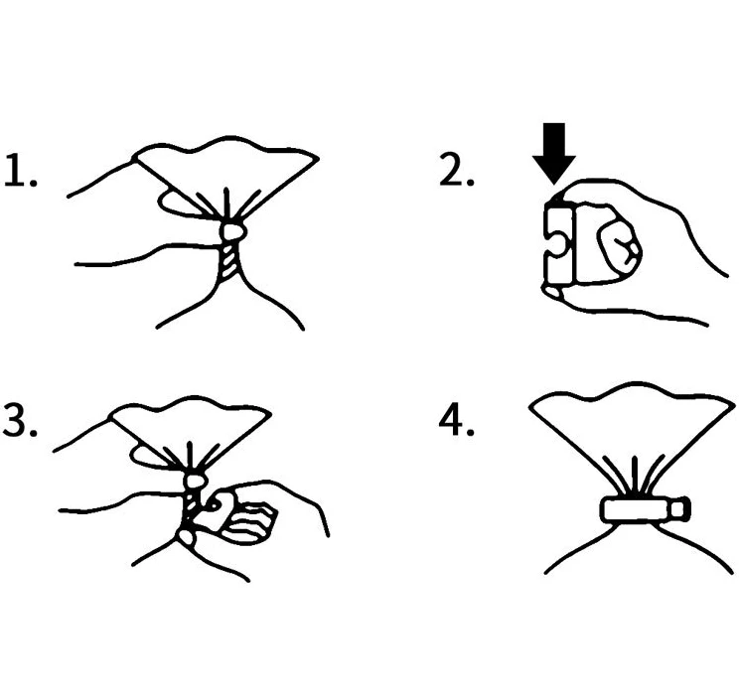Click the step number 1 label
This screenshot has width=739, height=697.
click(20, 172)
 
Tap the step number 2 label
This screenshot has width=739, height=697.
click(455, 171)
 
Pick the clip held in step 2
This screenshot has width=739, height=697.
click(556, 243)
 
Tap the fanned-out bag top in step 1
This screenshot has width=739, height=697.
click(228, 164)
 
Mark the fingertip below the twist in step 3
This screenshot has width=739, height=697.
click(185, 537)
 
